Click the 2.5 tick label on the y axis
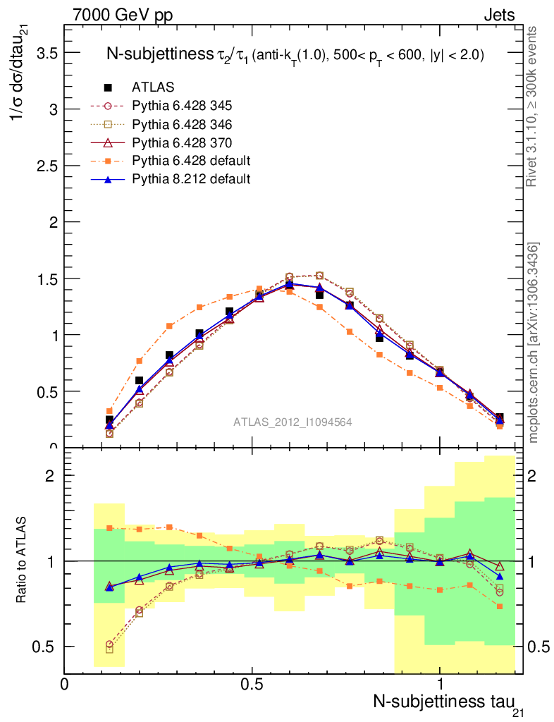pos(44,166)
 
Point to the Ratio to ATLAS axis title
pos(21,560)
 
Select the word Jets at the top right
pos(498,16)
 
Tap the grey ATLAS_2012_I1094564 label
pos(293,422)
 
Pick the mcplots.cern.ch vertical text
pos(534,343)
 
